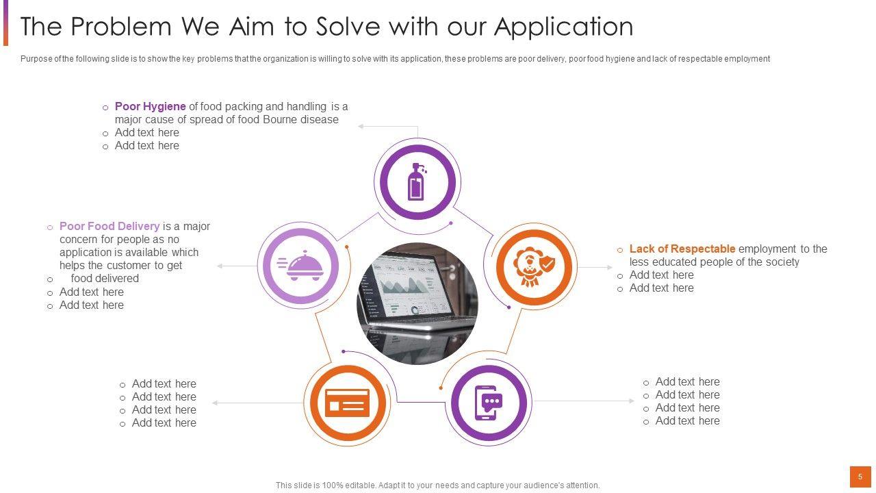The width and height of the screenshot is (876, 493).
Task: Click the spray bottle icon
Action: (x=417, y=181)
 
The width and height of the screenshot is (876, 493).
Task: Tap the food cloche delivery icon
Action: (x=300, y=266)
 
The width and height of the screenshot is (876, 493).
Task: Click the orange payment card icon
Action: (x=347, y=403)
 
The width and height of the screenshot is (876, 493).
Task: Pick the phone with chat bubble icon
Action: (x=489, y=403)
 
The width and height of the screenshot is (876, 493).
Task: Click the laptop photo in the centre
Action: (x=417, y=303)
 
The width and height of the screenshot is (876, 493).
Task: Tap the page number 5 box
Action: (x=860, y=477)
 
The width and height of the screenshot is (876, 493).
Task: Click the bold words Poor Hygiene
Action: (x=150, y=106)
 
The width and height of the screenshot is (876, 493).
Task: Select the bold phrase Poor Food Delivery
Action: (x=109, y=226)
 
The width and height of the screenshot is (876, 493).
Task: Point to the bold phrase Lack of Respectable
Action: (x=682, y=249)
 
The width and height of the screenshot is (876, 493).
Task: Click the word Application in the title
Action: (x=563, y=27)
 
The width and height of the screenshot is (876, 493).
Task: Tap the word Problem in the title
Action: (x=121, y=27)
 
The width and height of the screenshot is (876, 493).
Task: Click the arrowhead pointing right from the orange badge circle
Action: (x=610, y=267)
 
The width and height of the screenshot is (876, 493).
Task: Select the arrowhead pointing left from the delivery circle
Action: (x=220, y=266)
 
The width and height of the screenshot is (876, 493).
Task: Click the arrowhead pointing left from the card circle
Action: (x=215, y=403)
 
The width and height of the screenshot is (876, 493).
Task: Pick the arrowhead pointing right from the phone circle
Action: (x=632, y=401)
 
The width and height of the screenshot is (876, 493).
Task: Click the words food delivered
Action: (x=105, y=278)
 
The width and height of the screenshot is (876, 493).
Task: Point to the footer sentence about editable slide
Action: (x=437, y=485)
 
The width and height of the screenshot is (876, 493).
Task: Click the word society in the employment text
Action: (x=782, y=262)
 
